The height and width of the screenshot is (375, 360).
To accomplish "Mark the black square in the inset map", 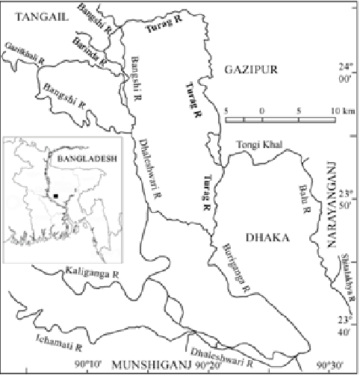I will [x=55, y=196].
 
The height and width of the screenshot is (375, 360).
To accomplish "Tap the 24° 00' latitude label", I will [x=350, y=71].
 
